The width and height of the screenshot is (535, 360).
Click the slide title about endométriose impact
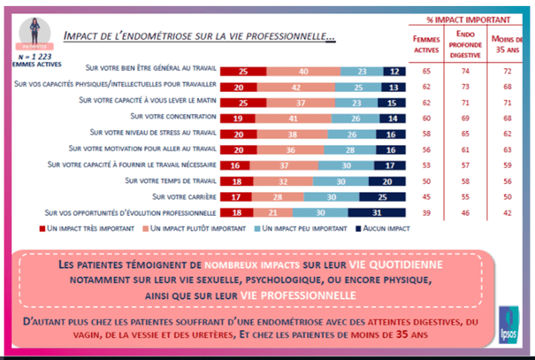(198, 37)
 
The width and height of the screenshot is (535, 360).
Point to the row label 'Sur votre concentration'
(171, 116)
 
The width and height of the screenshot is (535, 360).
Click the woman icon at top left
(31, 27)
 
